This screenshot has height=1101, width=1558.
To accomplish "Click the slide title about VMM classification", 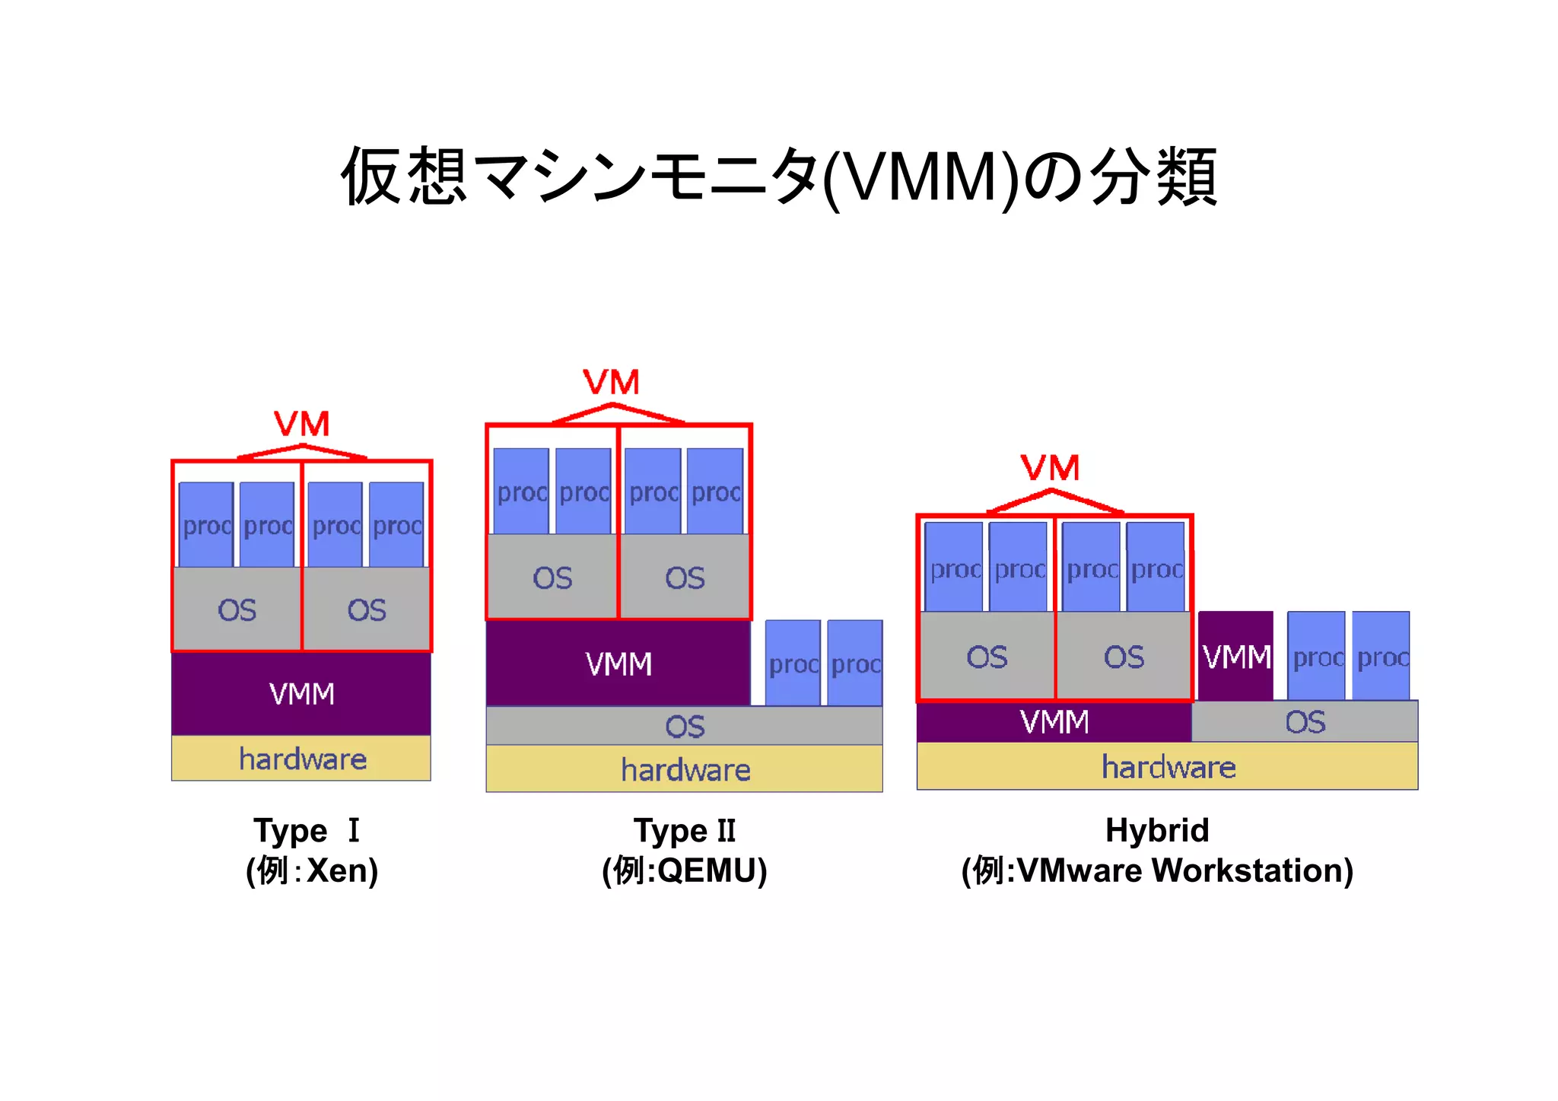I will pos(779,177).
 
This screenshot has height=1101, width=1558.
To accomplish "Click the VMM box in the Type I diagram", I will pos(301,694).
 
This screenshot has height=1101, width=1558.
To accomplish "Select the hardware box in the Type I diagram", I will pos(301,759).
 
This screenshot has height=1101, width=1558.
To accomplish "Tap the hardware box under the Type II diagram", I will pos(685,769).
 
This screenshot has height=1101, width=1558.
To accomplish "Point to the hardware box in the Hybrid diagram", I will pos(1168,767).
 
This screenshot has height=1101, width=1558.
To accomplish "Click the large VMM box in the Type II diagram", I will pos(618,664).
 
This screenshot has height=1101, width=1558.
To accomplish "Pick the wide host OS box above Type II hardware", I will pos(685,726).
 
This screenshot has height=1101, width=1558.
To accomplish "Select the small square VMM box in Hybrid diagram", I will pos(1236,657).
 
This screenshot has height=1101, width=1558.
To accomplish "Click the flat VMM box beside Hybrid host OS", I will pos(1054,721).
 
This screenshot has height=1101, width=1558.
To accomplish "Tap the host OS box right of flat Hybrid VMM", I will pos(1305,721).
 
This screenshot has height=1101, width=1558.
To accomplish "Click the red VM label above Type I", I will pos(302,424).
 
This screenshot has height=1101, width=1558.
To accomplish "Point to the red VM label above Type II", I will pos(612,382).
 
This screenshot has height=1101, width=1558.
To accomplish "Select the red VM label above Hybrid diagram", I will pos(1051,467).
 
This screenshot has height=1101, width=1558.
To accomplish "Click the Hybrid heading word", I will pos(1156,830).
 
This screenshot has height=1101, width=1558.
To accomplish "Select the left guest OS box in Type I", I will pos(237,609).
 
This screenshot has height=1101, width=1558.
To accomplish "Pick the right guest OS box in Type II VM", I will pos(685,578).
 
